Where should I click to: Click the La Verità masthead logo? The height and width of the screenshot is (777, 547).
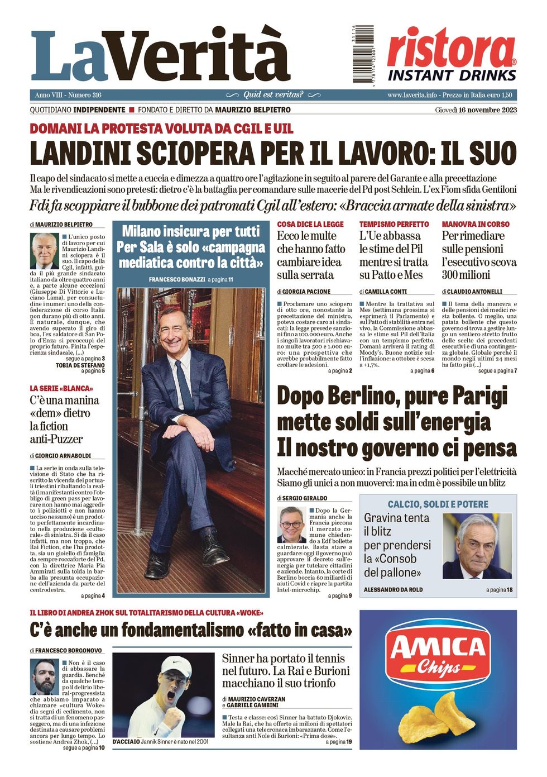pos(160,56)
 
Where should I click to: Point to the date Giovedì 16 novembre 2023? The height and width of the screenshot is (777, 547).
pos(476,110)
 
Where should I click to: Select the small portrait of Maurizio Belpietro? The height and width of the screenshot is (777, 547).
pos(44,251)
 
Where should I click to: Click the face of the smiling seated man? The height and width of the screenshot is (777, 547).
pos(175,332)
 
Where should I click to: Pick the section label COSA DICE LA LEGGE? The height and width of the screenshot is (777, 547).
pos(310,224)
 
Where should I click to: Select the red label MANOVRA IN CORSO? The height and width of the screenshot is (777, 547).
pos(476,224)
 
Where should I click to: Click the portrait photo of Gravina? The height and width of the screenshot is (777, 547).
pos(477,546)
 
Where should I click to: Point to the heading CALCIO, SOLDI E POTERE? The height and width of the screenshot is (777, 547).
pos(438,504)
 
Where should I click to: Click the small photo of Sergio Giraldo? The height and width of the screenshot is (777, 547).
pos(291,525)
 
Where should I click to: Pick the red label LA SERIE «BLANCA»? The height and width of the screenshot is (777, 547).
pos(61,388)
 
